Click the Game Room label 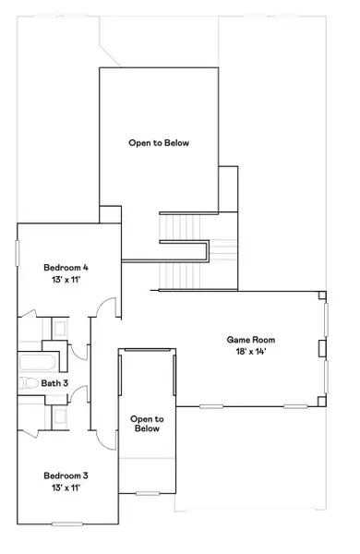[x=251, y=340]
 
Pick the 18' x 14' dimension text [x=251, y=352]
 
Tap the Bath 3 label [x=54, y=382]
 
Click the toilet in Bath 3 [x=26, y=382]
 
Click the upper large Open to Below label [x=159, y=143]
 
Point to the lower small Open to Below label [x=146, y=423]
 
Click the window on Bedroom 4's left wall [x=17, y=255]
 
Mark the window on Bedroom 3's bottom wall [x=67, y=524]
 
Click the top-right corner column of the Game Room [x=322, y=297]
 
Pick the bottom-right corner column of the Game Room [x=322, y=402]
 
